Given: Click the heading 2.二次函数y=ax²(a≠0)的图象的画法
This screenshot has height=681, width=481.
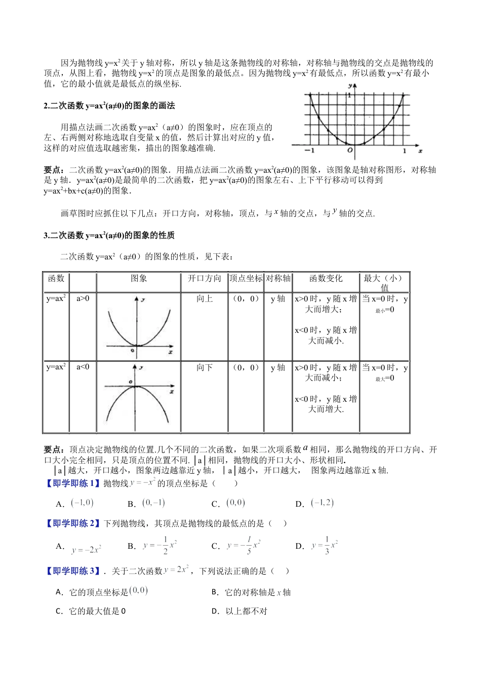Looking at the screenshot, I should (x=109, y=106).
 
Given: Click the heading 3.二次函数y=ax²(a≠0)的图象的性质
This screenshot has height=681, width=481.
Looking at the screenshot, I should (x=109, y=236).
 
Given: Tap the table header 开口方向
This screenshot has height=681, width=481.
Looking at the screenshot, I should (x=205, y=279).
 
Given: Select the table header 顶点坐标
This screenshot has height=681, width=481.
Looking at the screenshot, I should (x=246, y=279).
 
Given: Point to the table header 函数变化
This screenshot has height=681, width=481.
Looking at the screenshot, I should (x=326, y=279).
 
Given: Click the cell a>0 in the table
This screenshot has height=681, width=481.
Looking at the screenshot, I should (x=83, y=298).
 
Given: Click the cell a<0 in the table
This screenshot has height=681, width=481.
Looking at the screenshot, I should (x=83, y=367).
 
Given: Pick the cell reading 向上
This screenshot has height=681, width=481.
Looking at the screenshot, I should (x=205, y=299).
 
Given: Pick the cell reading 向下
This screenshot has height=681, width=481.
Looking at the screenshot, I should (x=205, y=368).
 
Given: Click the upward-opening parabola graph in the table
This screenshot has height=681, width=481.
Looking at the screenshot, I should (x=138, y=326).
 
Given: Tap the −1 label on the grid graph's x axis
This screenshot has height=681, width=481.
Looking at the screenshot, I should (x=309, y=151).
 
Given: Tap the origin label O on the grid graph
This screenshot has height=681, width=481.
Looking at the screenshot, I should (x=349, y=150).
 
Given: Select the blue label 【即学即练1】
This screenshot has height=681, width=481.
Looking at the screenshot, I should (x=72, y=483).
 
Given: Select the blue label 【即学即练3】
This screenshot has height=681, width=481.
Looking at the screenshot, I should (x=72, y=571).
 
